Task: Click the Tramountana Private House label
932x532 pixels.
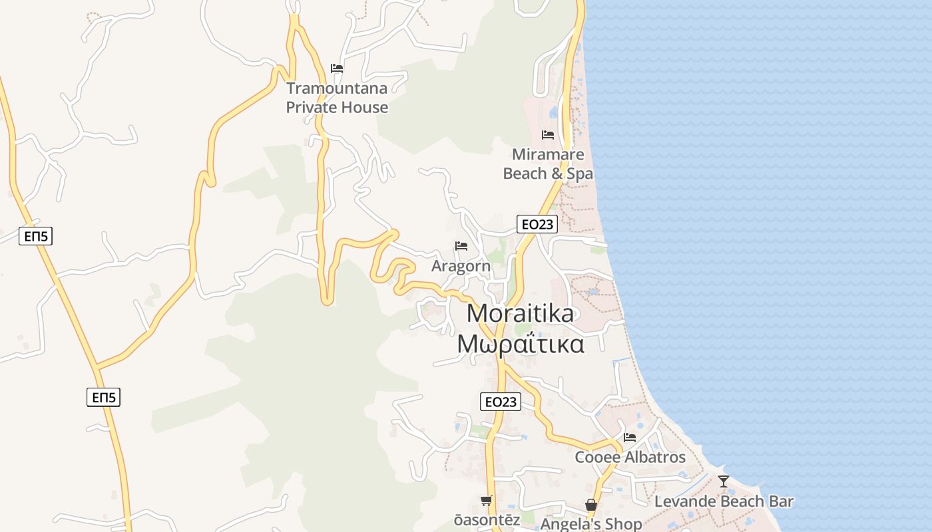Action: (337, 98)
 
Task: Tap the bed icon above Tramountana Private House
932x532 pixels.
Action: (337, 68)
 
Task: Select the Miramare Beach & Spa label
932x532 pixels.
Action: (548, 164)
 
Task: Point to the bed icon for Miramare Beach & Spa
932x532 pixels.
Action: (548, 134)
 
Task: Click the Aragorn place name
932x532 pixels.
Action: (461, 266)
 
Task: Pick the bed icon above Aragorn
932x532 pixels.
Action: (461, 246)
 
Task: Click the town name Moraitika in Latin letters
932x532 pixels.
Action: (520, 313)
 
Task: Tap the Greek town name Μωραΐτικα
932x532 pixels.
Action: (521, 344)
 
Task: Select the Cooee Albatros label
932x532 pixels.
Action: (630, 458)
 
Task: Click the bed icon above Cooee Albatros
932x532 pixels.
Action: (630, 438)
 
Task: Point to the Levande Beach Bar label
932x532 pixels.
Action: (724, 501)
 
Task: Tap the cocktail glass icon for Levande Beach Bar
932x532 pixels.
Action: (724, 481)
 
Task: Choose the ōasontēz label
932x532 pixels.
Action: (487, 520)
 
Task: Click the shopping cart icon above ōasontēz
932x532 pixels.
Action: (487, 500)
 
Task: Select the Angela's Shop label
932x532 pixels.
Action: (591, 524)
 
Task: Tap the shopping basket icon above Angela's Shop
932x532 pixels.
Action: (591, 505)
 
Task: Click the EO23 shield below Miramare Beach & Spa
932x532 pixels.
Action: (537, 224)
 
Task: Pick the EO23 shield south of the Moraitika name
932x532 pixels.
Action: (501, 401)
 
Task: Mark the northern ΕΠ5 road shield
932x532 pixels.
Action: (36, 235)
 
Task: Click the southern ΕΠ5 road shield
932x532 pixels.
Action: (104, 398)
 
